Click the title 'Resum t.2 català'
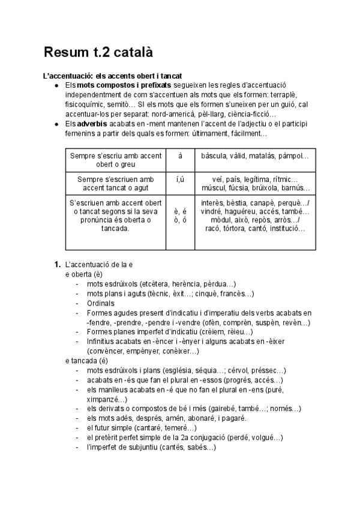pyautogui.click(x=98, y=52)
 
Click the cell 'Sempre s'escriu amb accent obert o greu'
pyautogui.click(x=116, y=160)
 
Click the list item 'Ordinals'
pyautogui.click(x=100, y=303)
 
